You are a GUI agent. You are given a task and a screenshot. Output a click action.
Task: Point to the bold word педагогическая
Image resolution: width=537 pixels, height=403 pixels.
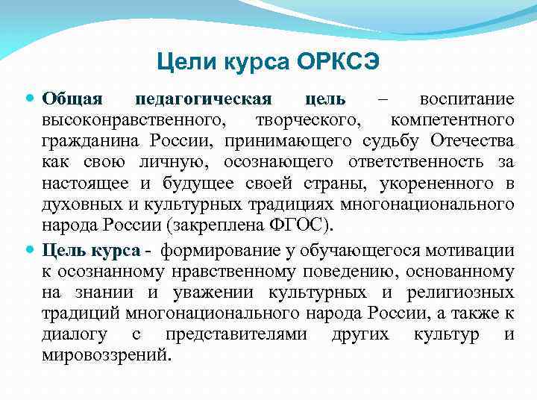coord(204,99)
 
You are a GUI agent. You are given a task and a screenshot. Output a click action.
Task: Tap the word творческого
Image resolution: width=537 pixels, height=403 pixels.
coord(301,120)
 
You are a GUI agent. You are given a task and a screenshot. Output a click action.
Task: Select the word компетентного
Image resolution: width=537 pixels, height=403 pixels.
coord(452,120)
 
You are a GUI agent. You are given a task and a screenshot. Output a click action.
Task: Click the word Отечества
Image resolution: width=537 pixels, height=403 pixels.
coord(472,142)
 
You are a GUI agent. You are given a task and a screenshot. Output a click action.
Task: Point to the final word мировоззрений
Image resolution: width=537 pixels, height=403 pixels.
coord(105,356)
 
